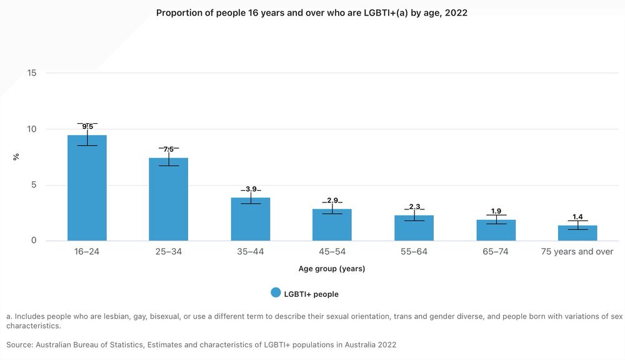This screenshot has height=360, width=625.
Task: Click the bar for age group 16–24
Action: click(x=87, y=188)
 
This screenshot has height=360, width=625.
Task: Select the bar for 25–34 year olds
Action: click(x=169, y=199)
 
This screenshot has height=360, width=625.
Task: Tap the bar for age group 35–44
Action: click(x=251, y=219)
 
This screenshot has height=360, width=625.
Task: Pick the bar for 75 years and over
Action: click(x=577, y=233)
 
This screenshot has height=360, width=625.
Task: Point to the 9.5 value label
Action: click(x=87, y=127)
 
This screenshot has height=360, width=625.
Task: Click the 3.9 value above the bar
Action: click(x=251, y=189)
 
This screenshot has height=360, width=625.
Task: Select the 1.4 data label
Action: click(x=577, y=217)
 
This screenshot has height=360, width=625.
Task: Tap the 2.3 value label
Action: click(x=414, y=207)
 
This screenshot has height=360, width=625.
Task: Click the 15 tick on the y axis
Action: click(x=32, y=73)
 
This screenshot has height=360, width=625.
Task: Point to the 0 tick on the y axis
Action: click(x=34, y=241)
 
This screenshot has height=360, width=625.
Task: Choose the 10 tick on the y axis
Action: click(x=32, y=129)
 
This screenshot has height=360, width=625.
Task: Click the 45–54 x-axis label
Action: click(x=332, y=252)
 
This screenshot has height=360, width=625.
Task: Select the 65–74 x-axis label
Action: click(x=496, y=252)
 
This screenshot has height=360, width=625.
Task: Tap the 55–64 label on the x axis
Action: click(x=414, y=252)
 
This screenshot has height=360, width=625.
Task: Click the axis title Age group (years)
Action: click(x=332, y=269)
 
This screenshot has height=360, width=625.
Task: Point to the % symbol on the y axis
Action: click(x=16, y=157)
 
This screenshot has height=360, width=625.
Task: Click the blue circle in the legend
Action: click(x=276, y=292)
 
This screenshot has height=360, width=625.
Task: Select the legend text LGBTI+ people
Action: click(x=311, y=294)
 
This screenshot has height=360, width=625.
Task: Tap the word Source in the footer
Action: click(x=20, y=344)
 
